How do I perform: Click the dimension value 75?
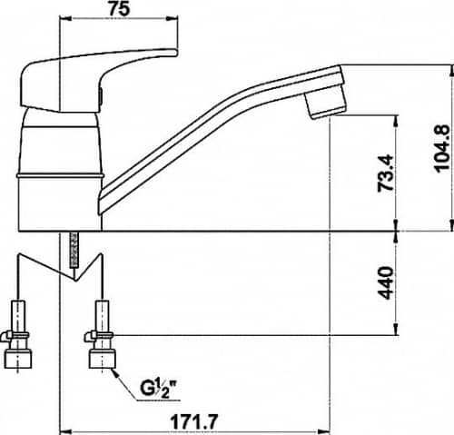click(119, 8)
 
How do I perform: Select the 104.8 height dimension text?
click(442, 148)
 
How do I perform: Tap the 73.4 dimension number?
click(387, 173)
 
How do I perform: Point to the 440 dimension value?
click(387, 282)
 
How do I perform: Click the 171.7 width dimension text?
click(194, 421)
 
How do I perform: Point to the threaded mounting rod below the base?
click(74, 250)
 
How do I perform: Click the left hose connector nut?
click(18, 359)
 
